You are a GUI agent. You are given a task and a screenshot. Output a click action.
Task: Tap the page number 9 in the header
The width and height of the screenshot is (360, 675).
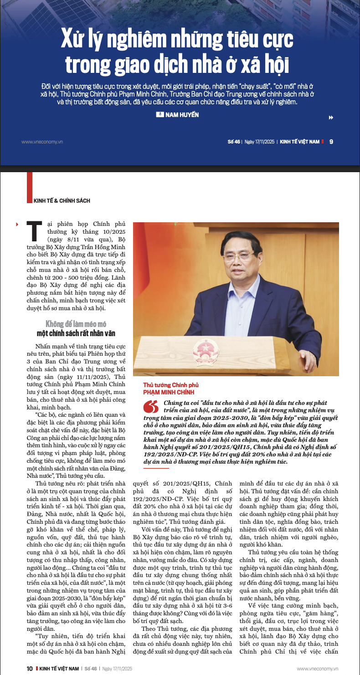(x=331, y=142)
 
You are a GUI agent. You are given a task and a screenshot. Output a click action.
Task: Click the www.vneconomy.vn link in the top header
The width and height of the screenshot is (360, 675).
(x=42, y=142)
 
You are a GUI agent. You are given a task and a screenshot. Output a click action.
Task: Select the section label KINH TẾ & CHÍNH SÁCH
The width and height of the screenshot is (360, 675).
(x=62, y=200)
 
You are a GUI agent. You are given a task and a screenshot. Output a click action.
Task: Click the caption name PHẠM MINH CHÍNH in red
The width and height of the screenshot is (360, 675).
(x=169, y=392)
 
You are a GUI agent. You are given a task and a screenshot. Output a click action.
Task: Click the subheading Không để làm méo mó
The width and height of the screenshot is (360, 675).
(x=76, y=324)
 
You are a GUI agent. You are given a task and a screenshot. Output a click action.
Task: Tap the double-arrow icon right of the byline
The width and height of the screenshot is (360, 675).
(x=331, y=118)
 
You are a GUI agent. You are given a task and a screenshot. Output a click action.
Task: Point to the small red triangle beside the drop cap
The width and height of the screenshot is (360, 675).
(x=17, y=224)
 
